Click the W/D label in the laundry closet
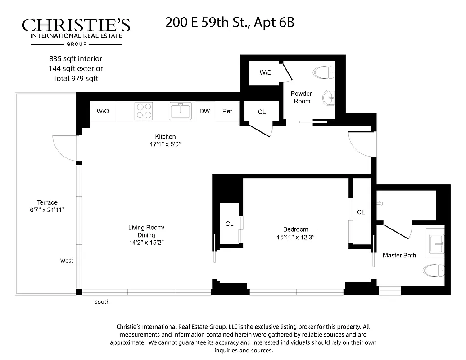coord(266,72)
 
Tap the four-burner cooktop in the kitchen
coord(144,111)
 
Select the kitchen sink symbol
coord(181,111)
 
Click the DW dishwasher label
coord(204,111)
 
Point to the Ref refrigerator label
coord(227,111)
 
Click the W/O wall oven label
coord(103,111)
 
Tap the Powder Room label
coord(301,97)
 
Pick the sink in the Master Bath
coord(435,243)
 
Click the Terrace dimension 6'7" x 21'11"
coord(47,210)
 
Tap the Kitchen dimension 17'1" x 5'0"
coord(165,144)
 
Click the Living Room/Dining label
coord(146,231)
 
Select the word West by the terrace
coord(67,261)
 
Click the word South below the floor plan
coord(102,301)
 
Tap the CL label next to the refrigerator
coord(262,112)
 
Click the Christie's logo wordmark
coord(76,25)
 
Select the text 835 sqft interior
coord(76,58)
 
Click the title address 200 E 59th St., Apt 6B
coord(230,22)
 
